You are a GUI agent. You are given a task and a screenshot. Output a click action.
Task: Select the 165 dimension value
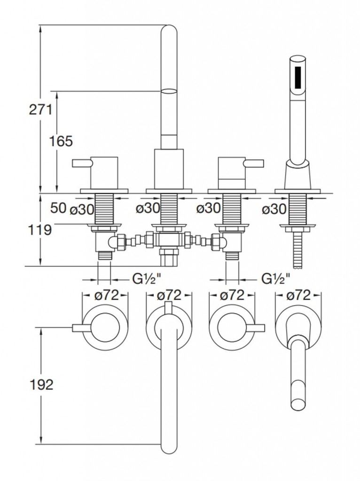[x=61, y=140]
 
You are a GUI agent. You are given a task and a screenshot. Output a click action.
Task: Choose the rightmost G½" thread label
[x=275, y=279]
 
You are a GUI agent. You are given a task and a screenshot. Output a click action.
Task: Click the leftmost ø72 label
[x=105, y=295]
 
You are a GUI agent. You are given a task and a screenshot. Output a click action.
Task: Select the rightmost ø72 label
[x=298, y=295]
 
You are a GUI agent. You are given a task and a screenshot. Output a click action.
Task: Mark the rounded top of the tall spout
[x=169, y=31]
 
